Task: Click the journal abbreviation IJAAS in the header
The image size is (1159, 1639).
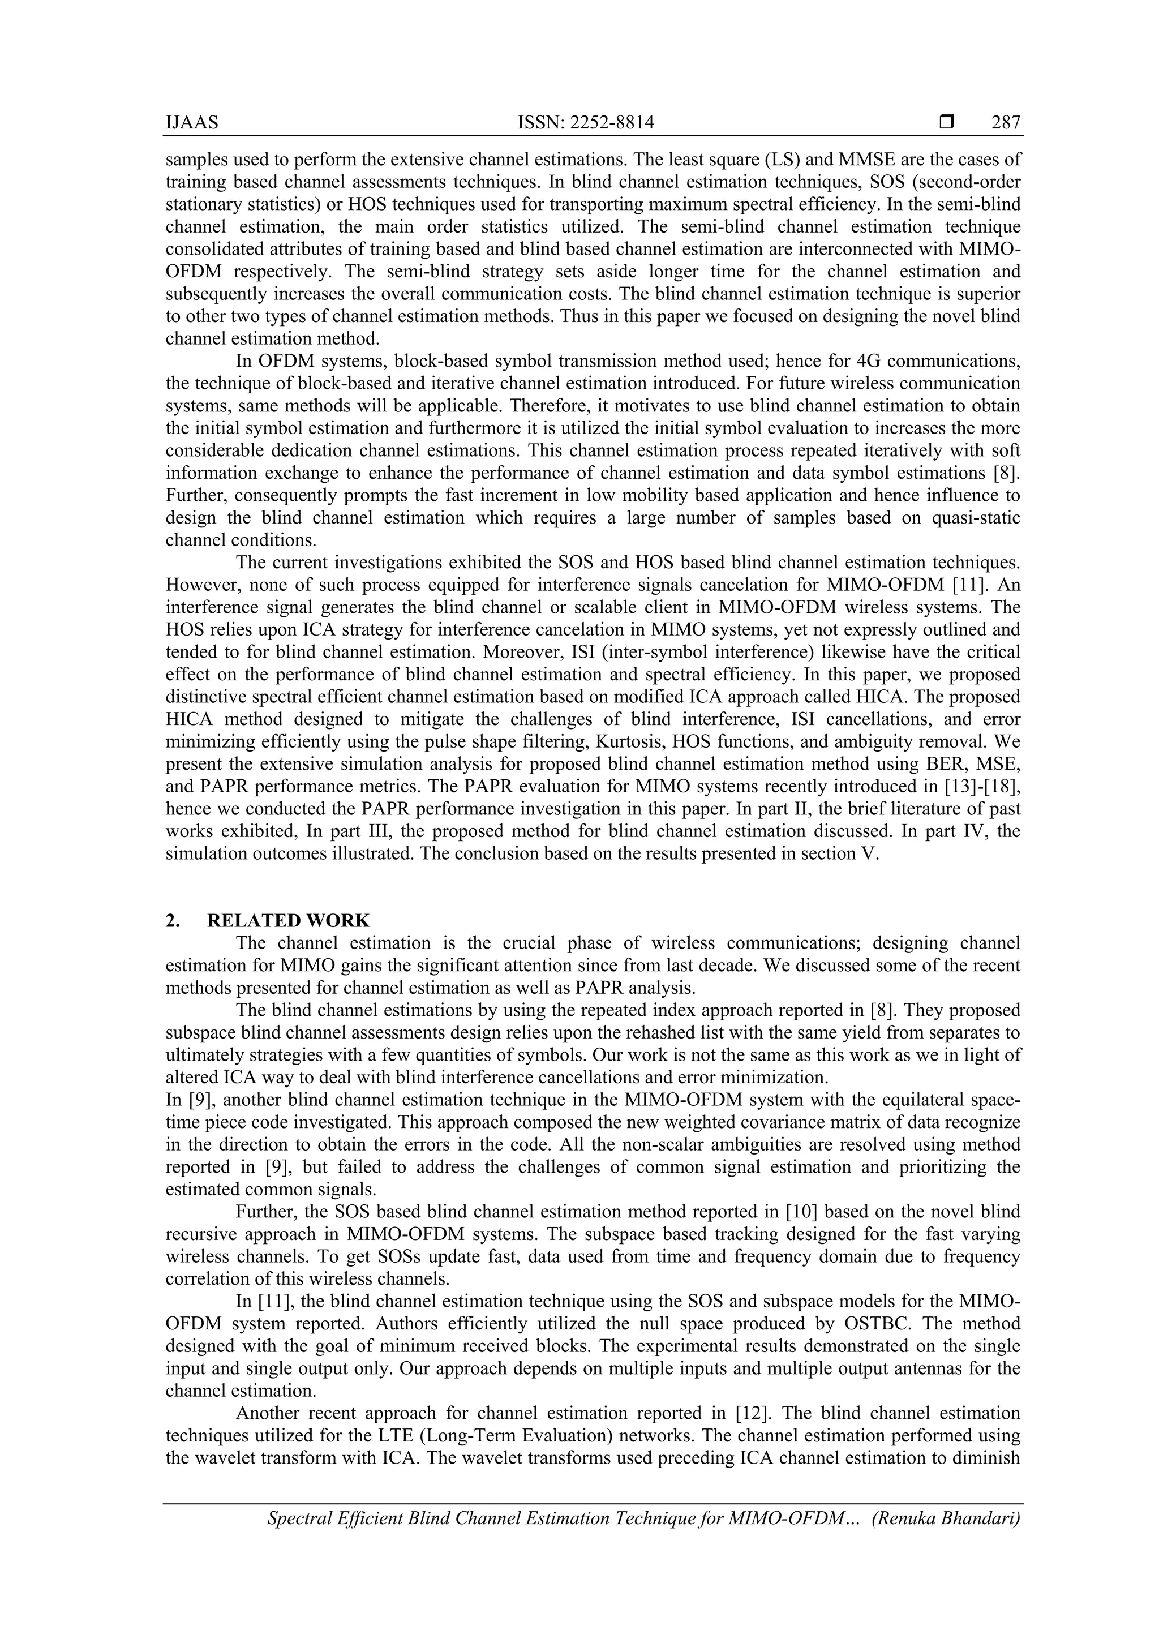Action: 192,123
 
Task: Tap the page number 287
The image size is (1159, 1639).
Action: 1006,123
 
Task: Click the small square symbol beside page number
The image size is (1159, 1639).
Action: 946,123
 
